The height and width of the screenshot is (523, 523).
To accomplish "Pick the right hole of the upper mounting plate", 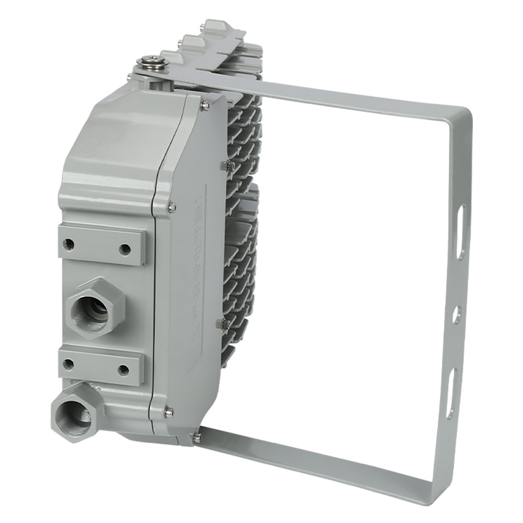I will coord(124,249).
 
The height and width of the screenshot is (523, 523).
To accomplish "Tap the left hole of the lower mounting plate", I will coord(68,363).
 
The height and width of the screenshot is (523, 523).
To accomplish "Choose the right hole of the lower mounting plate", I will coord(123,370).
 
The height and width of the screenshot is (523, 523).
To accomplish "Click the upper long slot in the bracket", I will coord(461,230).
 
